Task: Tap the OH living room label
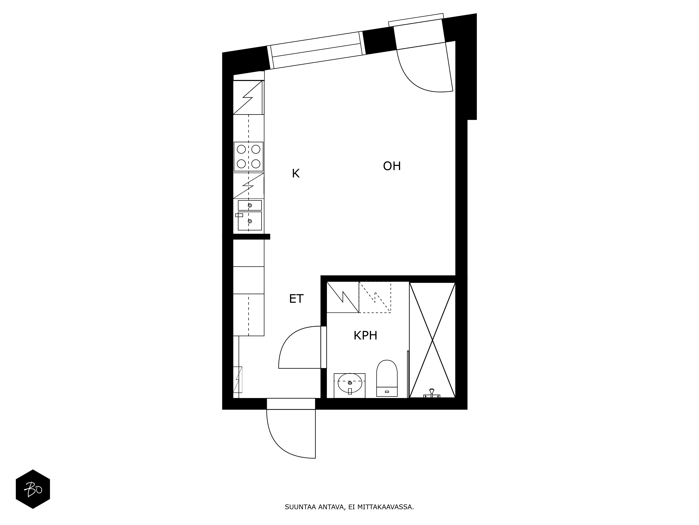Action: pos(392,166)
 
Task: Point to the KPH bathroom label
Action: pos(365,335)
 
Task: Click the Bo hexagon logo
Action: pos(33,489)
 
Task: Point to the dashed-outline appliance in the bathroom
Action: pos(375,297)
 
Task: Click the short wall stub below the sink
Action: pos(251,236)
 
